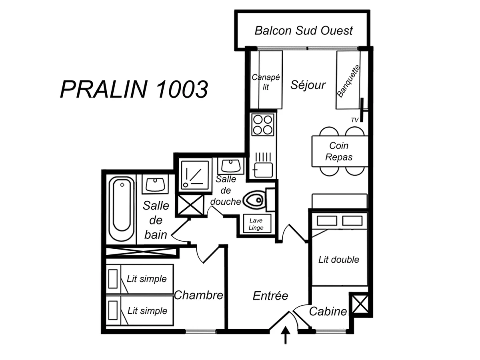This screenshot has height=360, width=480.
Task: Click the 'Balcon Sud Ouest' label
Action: pyautogui.click(x=304, y=30)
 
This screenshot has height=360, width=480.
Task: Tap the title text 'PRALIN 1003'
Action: pyautogui.click(x=134, y=89)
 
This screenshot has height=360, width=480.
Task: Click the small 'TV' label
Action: pyautogui.click(x=354, y=120)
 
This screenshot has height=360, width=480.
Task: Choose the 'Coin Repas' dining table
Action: pyautogui.click(x=339, y=151)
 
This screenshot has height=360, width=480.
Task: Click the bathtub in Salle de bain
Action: pyautogui.click(x=121, y=209)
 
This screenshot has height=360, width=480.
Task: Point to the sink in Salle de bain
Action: pyautogui.click(x=155, y=184)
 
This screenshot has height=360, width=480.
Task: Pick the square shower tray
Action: pyautogui.click(x=195, y=174)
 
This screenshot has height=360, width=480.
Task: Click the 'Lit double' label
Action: pyautogui.click(x=339, y=260)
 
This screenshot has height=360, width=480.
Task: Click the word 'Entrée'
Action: pyautogui.click(x=270, y=296)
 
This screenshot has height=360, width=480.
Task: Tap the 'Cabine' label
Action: pyautogui.click(x=328, y=311)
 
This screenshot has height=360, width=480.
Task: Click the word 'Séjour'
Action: pyautogui.click(x=308, y=85)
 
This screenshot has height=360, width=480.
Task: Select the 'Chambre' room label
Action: pyautogui.click(x=198, y=295)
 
